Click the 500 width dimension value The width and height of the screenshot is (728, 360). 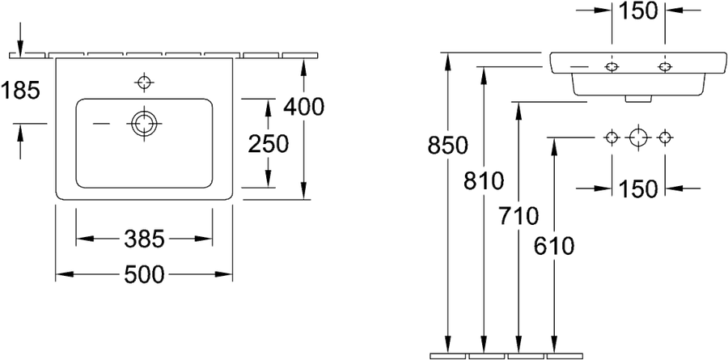point(144,274)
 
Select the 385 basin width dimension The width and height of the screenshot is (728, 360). point(145,239)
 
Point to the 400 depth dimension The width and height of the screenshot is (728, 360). point(303,108)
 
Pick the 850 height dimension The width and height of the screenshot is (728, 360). point(447,146)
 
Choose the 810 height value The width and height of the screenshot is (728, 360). point(484,180)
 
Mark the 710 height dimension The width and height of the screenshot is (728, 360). point(518,216)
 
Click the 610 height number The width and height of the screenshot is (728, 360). point(554,246)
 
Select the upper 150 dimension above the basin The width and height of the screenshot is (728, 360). point(638,11)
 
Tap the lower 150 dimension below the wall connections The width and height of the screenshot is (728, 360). point(638,188)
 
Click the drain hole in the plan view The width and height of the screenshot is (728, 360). point(144,124)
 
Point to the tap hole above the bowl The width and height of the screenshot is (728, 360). point(144,83)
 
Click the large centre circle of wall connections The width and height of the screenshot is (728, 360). point(638,137)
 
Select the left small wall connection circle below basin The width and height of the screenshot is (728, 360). point(612,137)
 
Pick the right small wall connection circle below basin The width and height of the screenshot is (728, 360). point(665,137)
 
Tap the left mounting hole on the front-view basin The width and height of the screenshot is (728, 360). point(612,67)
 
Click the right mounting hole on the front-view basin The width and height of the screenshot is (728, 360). point(665,67)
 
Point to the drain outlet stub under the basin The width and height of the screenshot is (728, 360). point(638,99)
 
